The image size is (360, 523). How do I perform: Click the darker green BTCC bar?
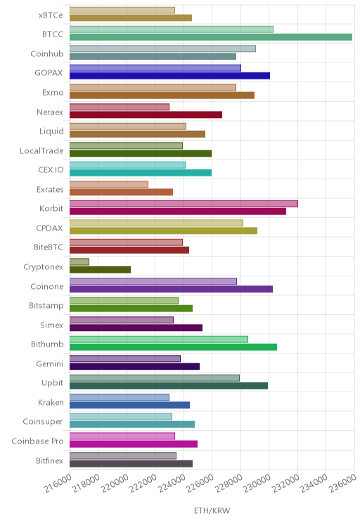point(211,37)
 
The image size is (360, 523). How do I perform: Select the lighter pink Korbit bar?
point(184,203)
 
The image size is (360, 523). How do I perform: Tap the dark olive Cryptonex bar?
point(100,269)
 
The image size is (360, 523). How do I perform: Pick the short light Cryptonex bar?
point(79,261)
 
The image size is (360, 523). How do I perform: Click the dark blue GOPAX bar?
point(170,76)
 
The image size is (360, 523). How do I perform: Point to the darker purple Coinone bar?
point(171,289)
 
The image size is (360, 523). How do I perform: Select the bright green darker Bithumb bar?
point(173,347)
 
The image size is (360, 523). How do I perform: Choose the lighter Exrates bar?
point(109,184)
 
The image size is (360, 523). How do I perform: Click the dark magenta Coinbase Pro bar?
point(134,444)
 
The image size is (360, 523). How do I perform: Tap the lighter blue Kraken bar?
point(120,397)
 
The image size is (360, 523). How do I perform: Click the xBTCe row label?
point(51,15)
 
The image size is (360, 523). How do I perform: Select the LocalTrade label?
point(41,150)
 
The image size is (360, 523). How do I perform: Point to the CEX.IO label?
point(51,170)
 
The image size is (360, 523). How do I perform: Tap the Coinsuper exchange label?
point(43,422)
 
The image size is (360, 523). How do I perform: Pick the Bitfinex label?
point(49,460)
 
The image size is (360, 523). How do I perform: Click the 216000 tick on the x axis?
point(58,483)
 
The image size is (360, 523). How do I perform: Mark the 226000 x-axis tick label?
point(200,483)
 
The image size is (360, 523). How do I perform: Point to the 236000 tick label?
point(342,483)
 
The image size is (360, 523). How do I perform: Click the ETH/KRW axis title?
point(212,510)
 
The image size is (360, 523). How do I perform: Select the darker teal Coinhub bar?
point(153,56)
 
